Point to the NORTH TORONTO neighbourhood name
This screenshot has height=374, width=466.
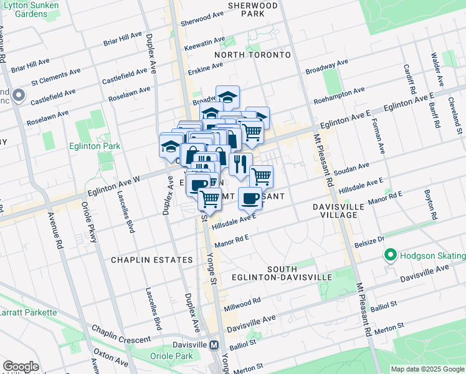pyautogui.click(x=252, y=55)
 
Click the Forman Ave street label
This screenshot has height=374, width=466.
pyautogui.click(x=379, y=135)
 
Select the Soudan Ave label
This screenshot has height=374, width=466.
pyautogui.click(x=351, y=170)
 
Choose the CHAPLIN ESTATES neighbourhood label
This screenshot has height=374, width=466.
pyautogui.click(x=151, y=259)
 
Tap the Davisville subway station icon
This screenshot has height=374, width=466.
pyautogui.click(x=214, y=345)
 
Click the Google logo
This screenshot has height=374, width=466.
pyautogui.click(x=21, y=366)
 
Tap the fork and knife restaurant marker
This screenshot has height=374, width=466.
pyautogui.click(x=240, y=163)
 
